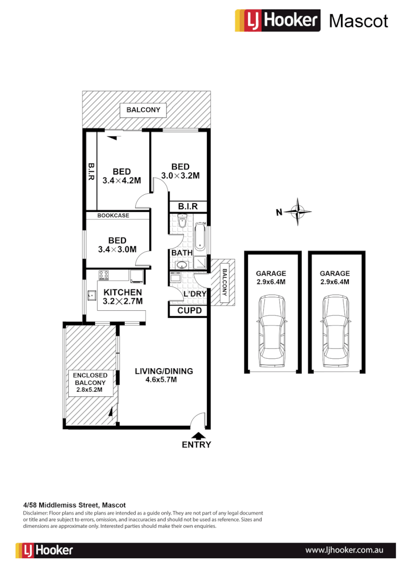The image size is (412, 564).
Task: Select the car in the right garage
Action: coord(335,330)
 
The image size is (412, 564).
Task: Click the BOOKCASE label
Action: coord(113,215)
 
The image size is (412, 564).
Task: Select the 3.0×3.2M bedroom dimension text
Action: coord(180,176)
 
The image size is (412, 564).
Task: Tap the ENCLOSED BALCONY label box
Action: coord(90,382)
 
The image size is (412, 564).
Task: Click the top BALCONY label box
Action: coord(143,110)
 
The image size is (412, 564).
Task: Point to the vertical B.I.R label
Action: coord(90,171)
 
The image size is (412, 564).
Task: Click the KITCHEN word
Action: coord(122,292)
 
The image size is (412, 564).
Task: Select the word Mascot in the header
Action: coord(358,21)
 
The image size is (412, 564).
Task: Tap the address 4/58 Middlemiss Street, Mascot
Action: coord(75,506)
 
